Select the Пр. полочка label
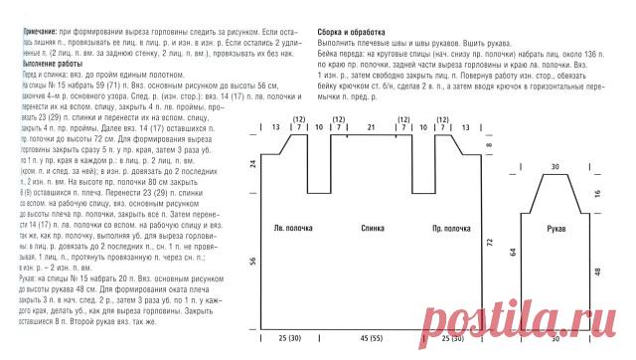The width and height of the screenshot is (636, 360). coord(453,228)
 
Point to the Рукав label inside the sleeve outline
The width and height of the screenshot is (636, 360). coord(557,228)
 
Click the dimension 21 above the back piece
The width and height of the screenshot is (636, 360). coord(371,128)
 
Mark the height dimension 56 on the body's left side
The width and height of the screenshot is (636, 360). coord(252,261)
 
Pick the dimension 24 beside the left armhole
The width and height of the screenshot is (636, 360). coord(252,163)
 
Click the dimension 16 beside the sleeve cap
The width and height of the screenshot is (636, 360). coord(596,194)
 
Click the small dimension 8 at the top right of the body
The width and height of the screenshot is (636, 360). coord(489,147)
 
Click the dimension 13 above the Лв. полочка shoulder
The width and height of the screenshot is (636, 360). coord(275,128)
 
